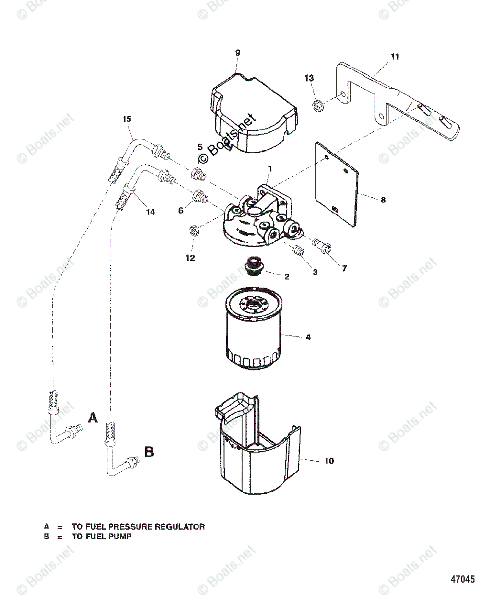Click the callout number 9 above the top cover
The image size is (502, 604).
(x=238, y=53)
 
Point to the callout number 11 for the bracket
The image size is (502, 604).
(x=395, y=57)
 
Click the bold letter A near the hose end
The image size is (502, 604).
(x=92, y=418)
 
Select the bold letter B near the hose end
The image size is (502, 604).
(x=149, y=452)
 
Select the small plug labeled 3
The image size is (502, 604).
(x=299, y=250)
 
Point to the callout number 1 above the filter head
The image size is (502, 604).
(x=270, y=167)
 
